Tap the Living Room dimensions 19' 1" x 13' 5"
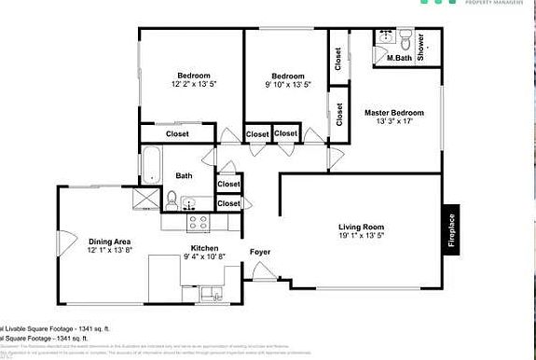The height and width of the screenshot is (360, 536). click(360, 237)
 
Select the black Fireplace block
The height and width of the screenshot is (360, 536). click(452, 230)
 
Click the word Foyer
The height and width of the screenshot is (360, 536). click(260, 252)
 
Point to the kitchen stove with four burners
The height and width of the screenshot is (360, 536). click(199, 222)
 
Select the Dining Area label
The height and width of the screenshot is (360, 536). click(111, 240)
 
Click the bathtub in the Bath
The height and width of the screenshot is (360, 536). click(150, 165)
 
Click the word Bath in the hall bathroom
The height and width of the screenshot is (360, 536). click(185, 175)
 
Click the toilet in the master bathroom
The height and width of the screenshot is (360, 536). click(405, 39)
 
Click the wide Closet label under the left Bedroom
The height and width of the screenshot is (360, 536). click(177, 134)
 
